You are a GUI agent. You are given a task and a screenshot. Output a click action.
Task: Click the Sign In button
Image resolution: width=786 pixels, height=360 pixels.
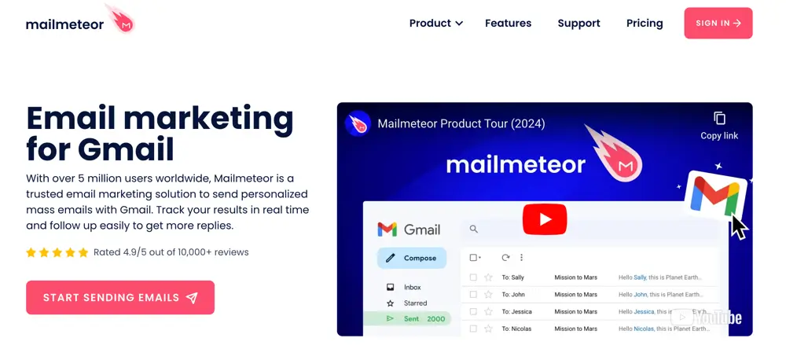click(x=718, y=24)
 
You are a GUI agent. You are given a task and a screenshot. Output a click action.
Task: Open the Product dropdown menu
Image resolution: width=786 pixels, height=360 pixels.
click(x=435, y=24)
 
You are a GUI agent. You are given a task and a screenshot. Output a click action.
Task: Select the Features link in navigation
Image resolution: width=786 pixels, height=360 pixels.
click(x=508, y=24)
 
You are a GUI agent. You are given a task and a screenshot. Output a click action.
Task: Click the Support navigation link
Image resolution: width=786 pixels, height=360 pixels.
click(x=578, y=24)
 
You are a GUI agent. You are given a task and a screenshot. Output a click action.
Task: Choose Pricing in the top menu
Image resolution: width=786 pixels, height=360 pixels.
click(x=645, y=24)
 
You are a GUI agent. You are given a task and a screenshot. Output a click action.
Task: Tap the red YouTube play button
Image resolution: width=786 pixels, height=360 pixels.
click(x=544, y=219)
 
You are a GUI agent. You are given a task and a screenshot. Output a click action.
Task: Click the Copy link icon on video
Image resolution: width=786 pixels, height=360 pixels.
click(x=719, y=119)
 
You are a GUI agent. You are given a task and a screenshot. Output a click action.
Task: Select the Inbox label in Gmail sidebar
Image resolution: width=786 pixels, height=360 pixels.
click(x=412, y=288)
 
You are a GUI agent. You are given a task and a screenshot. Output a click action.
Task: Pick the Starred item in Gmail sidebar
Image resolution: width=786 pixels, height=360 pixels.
click(x=415, y=303)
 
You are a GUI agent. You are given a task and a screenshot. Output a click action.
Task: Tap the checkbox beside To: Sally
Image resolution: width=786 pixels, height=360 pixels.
click(x=473, y=277)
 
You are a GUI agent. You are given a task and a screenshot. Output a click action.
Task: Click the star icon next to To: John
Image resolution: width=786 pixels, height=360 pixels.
click(x=488, y=295)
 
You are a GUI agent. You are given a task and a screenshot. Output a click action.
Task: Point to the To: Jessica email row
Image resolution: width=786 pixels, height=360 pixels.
click(x=589, y=311)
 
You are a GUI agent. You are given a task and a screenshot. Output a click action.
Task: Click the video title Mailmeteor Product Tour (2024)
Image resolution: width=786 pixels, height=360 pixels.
click(x=461, y=123)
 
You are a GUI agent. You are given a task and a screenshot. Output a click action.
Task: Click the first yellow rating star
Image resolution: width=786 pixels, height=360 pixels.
click(x=31, y=252)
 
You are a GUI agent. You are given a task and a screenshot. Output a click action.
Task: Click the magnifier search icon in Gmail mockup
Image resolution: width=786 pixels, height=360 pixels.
click(x=474, y=230)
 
